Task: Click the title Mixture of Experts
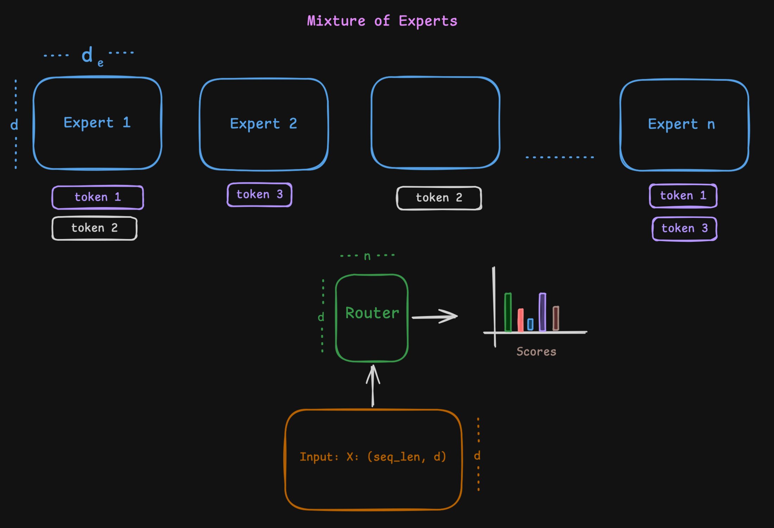click(382, 21)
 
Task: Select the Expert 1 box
click(97, 123)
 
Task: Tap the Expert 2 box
click(264, 124)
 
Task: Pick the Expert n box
click(684, 125)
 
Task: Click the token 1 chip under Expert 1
click(98, 197)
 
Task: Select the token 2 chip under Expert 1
click(94, 228)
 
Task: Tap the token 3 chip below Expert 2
click(260, 195)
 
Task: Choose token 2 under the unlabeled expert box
click(439, 198)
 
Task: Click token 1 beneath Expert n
click(683, 196)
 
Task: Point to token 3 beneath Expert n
click(684, 228)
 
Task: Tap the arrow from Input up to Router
click(373, 386)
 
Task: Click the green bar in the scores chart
click(508, 312)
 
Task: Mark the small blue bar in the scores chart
click(530, 324)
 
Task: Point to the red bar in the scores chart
click(520, 320)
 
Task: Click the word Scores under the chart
click(536, 352)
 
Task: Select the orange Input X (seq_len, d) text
click(373, 457)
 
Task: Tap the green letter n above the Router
click(367, 256)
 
